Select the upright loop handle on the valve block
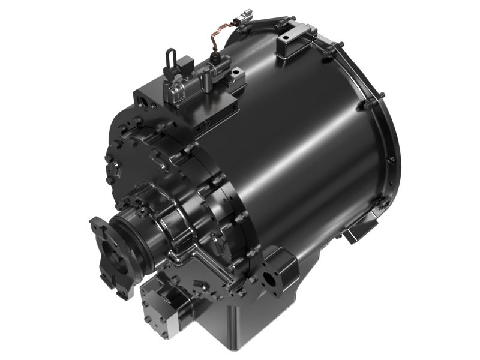coord(170,59)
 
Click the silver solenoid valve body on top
coord(178,92)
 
